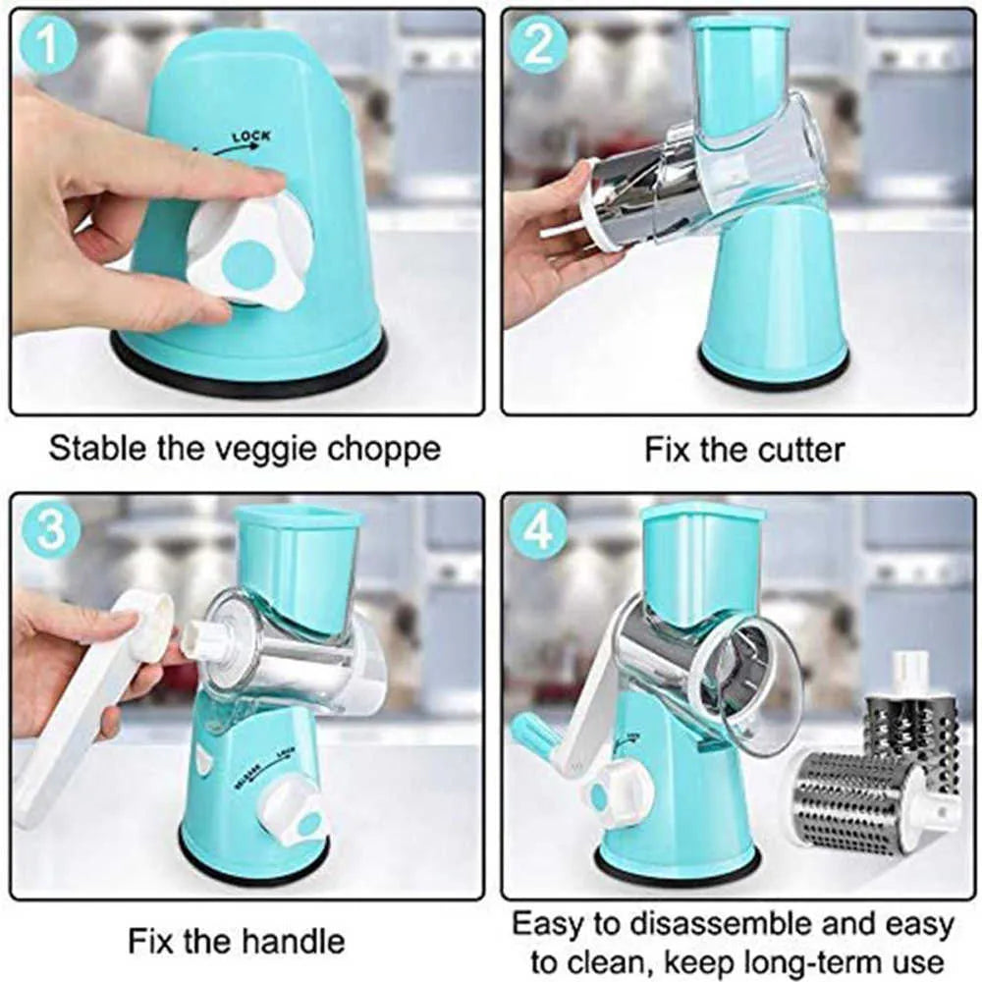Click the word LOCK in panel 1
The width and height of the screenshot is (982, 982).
tap(250, 136)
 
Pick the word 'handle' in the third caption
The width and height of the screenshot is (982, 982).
tap(295, 941)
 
